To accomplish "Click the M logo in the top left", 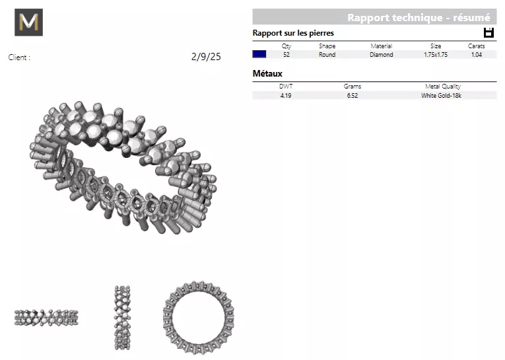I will (x=28, y=22).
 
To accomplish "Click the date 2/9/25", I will (x=206, y=57).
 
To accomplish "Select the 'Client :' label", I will (x=19, y=57).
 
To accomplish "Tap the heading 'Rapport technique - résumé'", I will (x=419, y=18).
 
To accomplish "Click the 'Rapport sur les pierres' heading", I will (x=293, y=33).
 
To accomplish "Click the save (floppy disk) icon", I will (x=488, y=33).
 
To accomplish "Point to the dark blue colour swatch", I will (x=259, y=55).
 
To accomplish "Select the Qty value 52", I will (x=286, y=55).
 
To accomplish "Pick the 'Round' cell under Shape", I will (x=327, y=55).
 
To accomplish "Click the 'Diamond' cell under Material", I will (x=381, y=55).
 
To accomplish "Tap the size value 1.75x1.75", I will (x=436, y=55).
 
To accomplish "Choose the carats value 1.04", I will (x=477, y=55).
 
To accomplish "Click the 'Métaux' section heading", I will (x=267, y=73).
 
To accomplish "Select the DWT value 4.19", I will (x=286, y=96).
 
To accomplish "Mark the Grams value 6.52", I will (x=353, y=96).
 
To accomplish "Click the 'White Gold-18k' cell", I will (x=442, y=96).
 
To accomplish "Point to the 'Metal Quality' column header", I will (x=442, y=87).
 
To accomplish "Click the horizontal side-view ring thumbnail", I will (x=46, y=318).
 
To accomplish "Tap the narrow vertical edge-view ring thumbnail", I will (x=122, y=318).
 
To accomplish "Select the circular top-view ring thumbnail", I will (x=198, y=318).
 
